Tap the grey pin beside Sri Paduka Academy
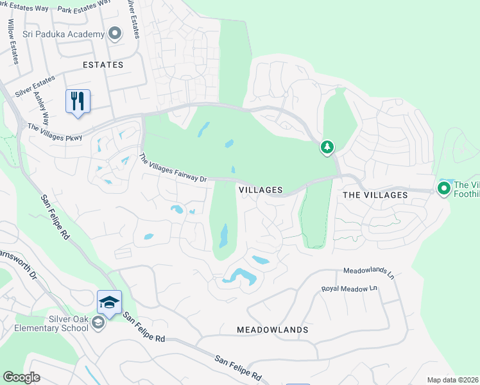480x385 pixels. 115,33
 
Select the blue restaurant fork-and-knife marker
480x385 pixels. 78,101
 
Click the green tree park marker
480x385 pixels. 327,148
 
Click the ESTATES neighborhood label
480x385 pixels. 103,65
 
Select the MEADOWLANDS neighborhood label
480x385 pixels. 272,330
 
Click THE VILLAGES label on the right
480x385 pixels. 375,194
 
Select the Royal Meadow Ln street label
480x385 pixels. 349,289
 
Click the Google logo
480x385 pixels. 21,377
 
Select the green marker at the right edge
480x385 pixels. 443,189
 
